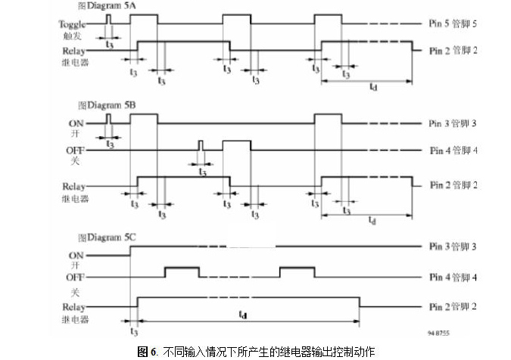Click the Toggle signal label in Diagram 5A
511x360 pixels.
tap(72, 23)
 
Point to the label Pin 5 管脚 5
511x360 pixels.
tap(458, 24)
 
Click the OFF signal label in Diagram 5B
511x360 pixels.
tap(73, 151)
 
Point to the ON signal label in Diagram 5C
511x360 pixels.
tap(76, 256)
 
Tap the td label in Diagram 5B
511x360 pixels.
tap(372, 220)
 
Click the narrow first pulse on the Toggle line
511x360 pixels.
tap(108, 18)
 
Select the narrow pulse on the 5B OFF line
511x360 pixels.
tap(201, 145)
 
